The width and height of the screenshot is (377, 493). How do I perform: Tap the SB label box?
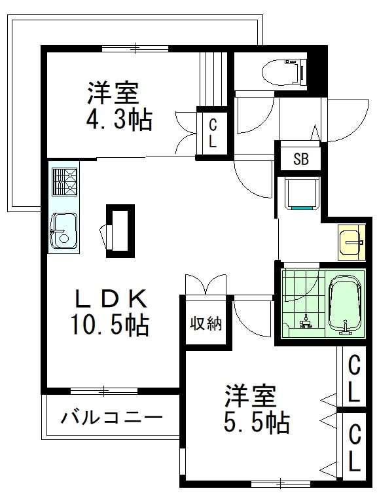(300, 158)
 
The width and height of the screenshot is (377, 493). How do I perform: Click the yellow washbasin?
(351, 242)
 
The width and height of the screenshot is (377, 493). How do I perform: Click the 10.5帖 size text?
(109, 324)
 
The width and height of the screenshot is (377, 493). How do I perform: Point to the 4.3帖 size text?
(119, 119)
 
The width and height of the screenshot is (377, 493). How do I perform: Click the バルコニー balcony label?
(112, 417)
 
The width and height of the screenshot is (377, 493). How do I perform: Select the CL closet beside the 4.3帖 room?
(213, 132)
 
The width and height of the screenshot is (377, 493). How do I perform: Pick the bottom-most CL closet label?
(354, 449)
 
